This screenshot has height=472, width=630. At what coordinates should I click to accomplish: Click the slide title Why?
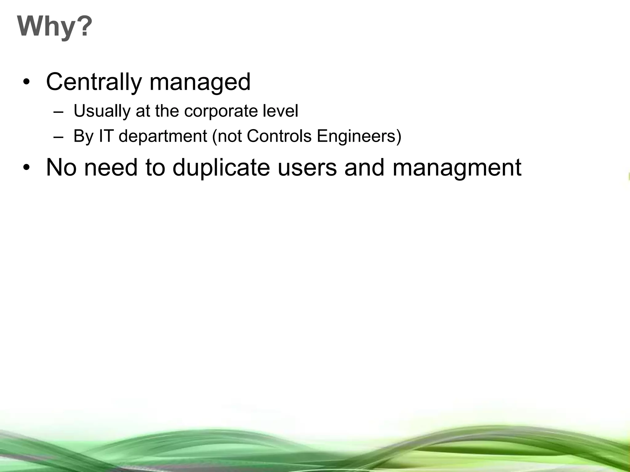55,27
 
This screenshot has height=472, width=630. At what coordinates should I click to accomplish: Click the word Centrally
94,82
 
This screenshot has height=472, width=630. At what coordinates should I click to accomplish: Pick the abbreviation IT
106,136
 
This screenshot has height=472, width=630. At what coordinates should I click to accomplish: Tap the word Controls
279,136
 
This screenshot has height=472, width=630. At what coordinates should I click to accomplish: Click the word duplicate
221,168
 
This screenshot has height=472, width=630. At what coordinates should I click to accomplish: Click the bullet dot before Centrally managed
27,83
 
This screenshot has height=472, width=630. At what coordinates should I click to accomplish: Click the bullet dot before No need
27,168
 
